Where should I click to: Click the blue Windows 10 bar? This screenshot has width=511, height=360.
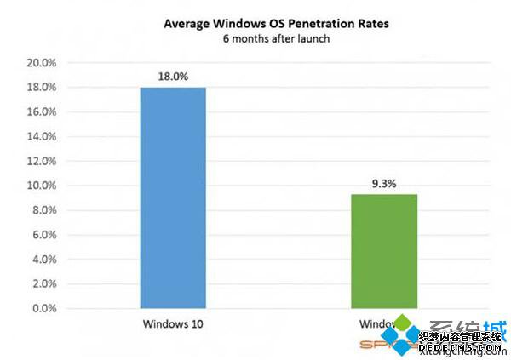coord(174,197)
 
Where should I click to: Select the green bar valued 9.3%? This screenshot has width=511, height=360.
coord(383,251)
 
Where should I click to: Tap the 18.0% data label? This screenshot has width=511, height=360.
coord(174,77)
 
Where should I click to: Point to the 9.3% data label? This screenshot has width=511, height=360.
coord(383,183)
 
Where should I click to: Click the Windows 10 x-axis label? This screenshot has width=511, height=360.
coord(174,324)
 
